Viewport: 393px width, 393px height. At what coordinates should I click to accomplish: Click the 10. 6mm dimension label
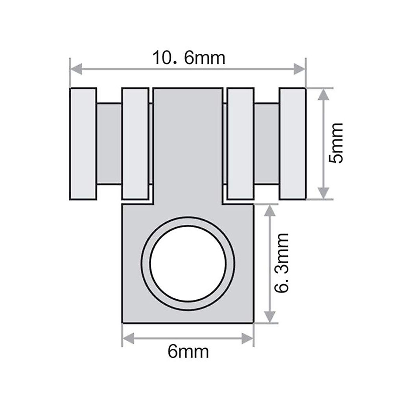(x=189, y=58)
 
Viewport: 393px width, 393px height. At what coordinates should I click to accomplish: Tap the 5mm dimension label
(x=336, y=143)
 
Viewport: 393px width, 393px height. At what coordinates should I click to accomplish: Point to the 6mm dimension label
(x=188, y=352)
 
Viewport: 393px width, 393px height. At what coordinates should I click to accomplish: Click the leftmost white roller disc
(x=83, y=143)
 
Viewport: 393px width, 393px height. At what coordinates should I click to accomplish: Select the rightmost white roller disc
(x=292, y=143)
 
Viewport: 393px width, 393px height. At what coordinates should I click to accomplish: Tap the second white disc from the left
(x=135, y=143)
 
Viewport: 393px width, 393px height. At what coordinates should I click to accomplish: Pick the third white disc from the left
(x=241, y=143)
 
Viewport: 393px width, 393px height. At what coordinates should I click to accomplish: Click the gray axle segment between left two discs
(x=109, y=143)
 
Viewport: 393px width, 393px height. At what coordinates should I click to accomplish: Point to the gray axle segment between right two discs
(x=267, y=143)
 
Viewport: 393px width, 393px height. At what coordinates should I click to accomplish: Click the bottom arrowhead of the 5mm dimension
(x=323, y=193)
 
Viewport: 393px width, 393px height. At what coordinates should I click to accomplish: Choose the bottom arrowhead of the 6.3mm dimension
(x=270, y=317)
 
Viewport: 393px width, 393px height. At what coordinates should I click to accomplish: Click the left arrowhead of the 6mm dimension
(x=128, y=338)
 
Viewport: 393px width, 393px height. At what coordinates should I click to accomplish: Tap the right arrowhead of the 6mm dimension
(x=248, y=338)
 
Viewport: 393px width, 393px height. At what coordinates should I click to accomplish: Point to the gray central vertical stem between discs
(x=188, y=144)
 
